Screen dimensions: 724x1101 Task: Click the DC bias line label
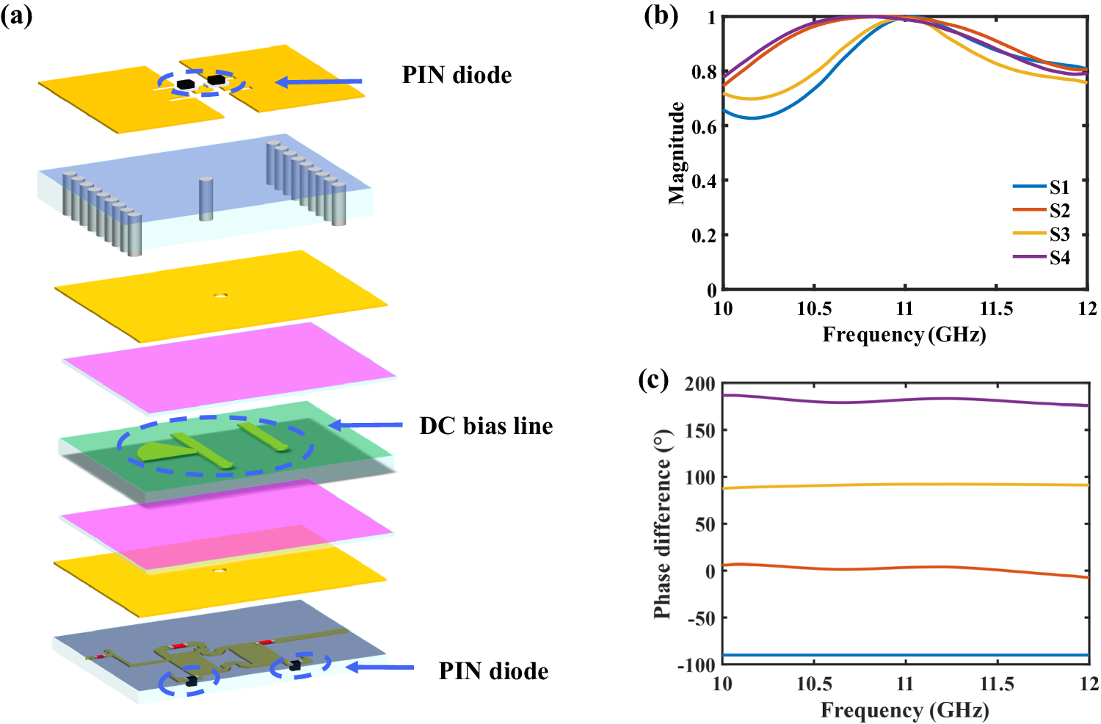486,427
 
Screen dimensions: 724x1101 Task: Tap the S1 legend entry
1059,187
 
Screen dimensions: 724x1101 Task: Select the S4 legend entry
1059,258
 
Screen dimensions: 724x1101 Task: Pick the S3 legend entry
1059,234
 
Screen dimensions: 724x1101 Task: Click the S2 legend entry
1059,211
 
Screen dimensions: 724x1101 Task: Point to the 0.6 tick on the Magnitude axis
704,126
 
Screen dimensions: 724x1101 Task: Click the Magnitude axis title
676,153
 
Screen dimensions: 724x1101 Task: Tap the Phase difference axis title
662,524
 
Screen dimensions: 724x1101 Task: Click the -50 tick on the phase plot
700,618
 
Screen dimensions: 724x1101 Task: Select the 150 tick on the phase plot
700,430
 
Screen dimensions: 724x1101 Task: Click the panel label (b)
661,15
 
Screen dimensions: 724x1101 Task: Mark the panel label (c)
653,380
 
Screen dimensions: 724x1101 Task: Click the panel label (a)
16,15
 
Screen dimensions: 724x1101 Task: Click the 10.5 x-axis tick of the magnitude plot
814,308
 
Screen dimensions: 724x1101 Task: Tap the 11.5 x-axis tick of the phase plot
997,684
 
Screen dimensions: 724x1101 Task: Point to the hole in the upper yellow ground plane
220,296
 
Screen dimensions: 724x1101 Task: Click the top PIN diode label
457,75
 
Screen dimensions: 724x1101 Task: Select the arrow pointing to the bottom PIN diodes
379,667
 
